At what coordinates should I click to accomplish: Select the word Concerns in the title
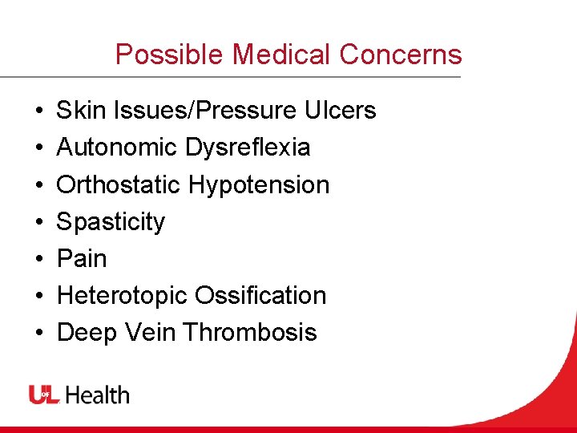[401, 55]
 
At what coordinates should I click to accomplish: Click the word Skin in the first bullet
[76, 111]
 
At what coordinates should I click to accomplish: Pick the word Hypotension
[259, 185]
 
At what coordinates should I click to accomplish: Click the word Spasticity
[111, 222]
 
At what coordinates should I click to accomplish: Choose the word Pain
[82, 259]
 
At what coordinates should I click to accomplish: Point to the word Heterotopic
[120, 296]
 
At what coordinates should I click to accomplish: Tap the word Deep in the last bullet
[83, 333]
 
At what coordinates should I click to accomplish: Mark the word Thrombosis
[250, 333]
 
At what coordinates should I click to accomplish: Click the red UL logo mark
[44, 395]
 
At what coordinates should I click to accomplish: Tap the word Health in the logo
[97, 395]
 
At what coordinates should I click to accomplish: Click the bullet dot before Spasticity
[38, 222]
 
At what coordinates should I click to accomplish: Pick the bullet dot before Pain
[38, 259]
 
